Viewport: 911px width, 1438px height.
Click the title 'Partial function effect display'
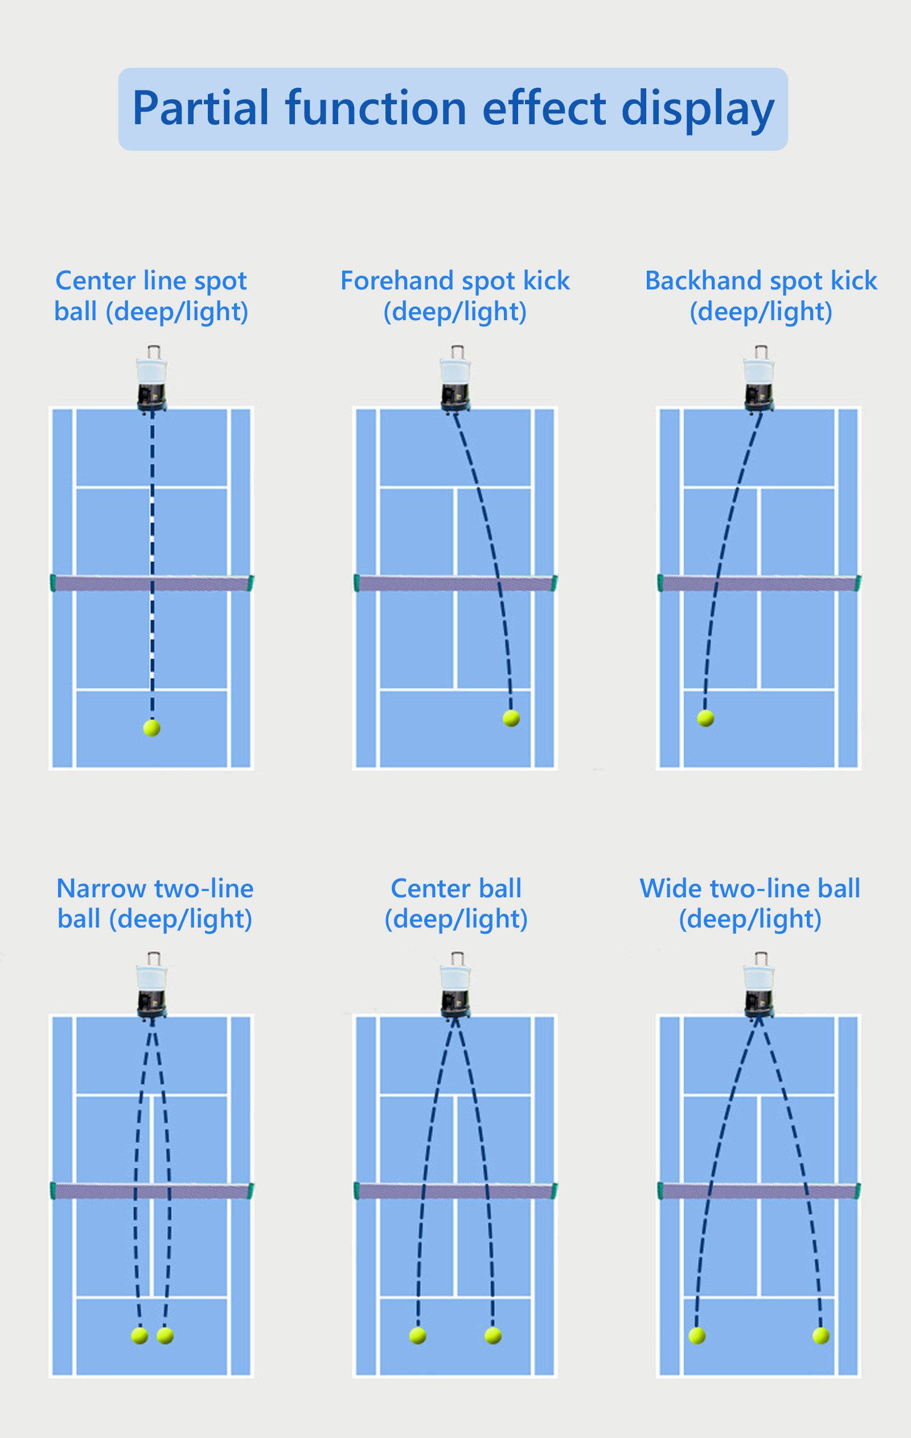point(453,109)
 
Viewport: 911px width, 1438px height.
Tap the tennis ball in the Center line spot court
point(151,728)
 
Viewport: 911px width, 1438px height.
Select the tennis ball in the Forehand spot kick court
point(511,718)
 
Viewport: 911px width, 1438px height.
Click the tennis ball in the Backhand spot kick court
point(705,718)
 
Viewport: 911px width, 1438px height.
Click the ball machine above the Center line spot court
point(151,380)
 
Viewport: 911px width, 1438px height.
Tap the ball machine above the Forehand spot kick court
point(455,380)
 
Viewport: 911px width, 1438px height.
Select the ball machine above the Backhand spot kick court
point(760,380)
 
